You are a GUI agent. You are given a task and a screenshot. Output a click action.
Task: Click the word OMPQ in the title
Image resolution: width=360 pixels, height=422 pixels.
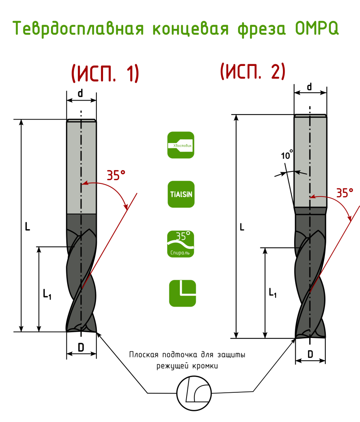(x=317, y=28)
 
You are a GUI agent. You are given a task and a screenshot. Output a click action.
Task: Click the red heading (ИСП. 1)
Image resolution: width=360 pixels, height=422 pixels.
(x=105, y=73)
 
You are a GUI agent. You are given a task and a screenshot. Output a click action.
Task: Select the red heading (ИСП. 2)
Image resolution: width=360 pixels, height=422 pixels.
(x=252, y=71)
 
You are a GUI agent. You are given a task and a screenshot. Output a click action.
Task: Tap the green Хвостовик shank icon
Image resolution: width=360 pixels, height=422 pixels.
(x=181, y=145)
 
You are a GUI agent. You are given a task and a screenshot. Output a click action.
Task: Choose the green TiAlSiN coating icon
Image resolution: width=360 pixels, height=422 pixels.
(x=181, y=195)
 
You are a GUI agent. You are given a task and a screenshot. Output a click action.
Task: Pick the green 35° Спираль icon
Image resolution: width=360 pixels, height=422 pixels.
(x=181, y=244)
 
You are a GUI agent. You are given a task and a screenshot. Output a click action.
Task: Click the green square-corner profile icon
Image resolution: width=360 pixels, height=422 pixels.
(x=182, y=293)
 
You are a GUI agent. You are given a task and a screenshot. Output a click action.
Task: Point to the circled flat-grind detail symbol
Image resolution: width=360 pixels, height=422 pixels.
(x=194, y=393)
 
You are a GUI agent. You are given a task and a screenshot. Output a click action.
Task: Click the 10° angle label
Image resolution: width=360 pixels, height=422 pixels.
(x=287, y=155)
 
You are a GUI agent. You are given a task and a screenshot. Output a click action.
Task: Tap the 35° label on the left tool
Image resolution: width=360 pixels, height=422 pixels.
(x=116, y=175)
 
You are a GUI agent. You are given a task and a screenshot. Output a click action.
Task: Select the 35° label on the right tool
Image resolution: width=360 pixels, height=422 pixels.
(x=345, y=193)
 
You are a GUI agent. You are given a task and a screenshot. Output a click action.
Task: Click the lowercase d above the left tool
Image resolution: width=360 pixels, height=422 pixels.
(x=80, y=94)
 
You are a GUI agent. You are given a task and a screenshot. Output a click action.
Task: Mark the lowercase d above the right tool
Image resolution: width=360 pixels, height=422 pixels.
(x=309, y=87)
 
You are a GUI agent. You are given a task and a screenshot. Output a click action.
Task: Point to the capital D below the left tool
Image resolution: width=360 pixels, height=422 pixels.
(x=81, y=347)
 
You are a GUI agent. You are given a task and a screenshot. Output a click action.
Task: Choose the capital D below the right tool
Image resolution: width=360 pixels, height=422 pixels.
(x=310, y=354)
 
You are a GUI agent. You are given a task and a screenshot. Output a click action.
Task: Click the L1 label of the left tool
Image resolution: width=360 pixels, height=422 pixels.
(x=47, y=294)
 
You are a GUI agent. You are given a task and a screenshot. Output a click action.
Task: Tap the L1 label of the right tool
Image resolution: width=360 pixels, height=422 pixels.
(x=273, y=292)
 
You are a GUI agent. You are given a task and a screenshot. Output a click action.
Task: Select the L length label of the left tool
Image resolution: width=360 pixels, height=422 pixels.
(x=28, y=227)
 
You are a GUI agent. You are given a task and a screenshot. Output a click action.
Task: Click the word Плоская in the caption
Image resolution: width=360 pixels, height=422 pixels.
(x=144, y=355)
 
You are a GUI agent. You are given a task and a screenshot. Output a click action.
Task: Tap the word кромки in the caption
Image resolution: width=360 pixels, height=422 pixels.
(x=205, y=366)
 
